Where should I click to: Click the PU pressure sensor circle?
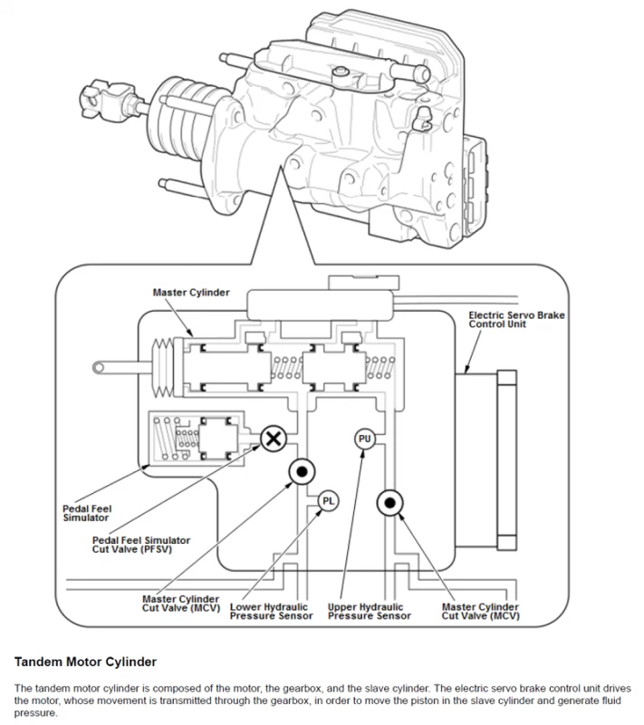[364, 439]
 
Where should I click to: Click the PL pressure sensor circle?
[328, 499]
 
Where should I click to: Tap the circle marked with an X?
[273, 440]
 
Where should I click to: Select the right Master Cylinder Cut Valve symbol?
[389, 501]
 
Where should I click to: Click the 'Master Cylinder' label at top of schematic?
[191, 293]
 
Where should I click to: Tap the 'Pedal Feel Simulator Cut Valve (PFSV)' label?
[144, 546]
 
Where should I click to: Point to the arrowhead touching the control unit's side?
[465, 371]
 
